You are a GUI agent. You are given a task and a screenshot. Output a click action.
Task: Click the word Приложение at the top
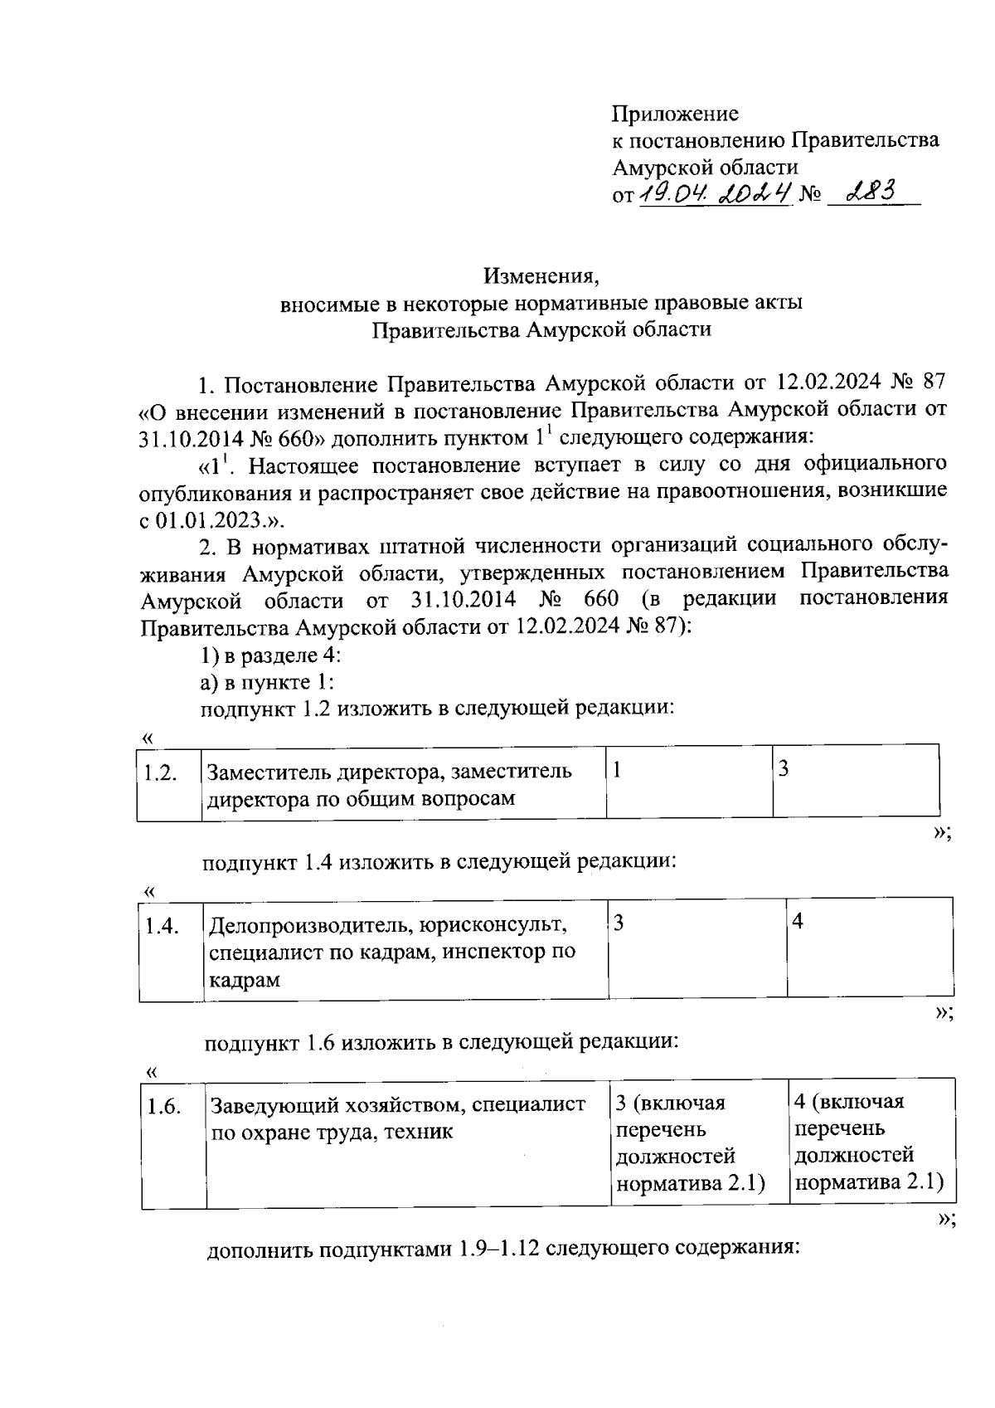coord(675,113)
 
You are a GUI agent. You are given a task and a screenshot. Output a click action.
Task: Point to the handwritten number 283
coord(864,192)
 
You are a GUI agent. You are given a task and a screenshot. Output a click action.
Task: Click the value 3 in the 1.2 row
coord(783,769)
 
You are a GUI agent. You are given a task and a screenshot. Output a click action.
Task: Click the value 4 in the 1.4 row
coord(798,922)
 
